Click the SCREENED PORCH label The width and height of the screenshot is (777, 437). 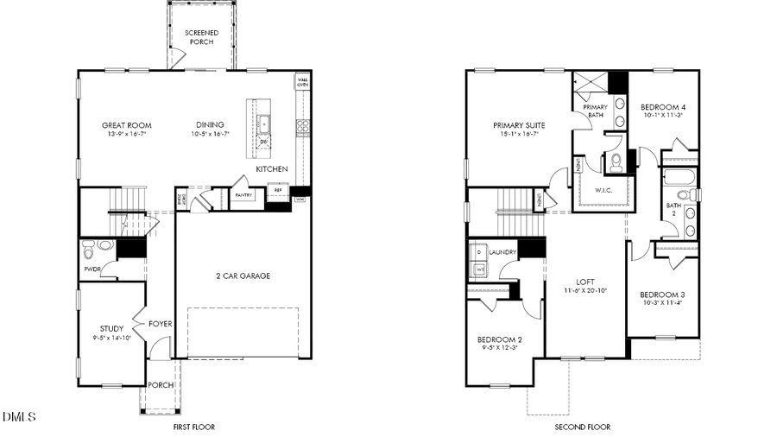(x=201, y=37)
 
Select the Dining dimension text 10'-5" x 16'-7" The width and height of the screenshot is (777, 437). (x=210, y=134)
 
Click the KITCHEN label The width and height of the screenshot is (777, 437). (x=271, y=169)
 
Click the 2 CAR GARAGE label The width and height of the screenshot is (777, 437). (x=243, y=276)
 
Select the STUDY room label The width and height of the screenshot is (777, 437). (x=111, y=328)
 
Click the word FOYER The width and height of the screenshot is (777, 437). (x=160, y=324)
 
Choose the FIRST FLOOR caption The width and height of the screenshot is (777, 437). (x=193, y=427)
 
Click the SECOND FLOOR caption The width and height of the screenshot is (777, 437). (x=582, y=427)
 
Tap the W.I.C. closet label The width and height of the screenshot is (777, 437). (x=603, y=190)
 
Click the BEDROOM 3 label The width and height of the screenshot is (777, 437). (x=662, y=294)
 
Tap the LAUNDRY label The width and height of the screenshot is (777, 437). (x=502, y=252)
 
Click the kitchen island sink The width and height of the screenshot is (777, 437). (x=265, y=124)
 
